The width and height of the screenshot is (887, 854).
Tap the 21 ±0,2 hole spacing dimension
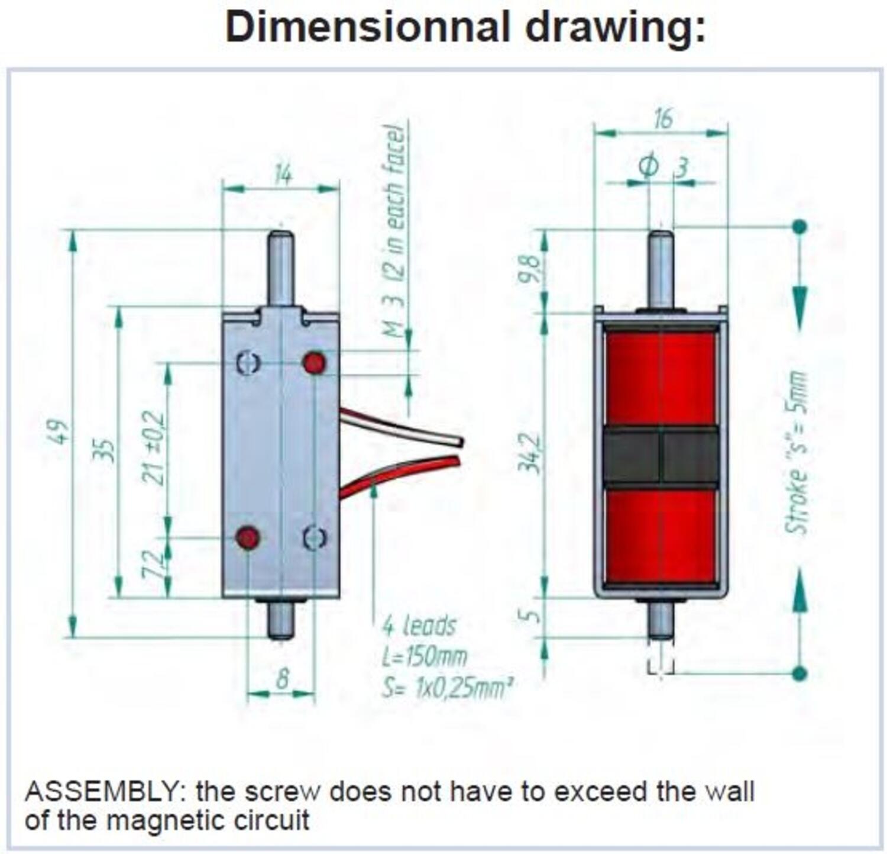pos(154,447)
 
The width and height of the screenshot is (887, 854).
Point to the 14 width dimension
pos(283,175)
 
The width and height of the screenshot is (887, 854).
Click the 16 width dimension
pos(663,118)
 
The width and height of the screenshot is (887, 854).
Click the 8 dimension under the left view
pos(283,679)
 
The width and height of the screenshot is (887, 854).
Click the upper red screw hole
pos(314,363)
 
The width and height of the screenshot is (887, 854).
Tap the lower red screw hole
pos(247,538)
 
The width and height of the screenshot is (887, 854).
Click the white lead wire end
pos(458,441)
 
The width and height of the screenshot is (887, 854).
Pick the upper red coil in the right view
pos(661,378)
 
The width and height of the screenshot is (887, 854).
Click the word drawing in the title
pos(615,27)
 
